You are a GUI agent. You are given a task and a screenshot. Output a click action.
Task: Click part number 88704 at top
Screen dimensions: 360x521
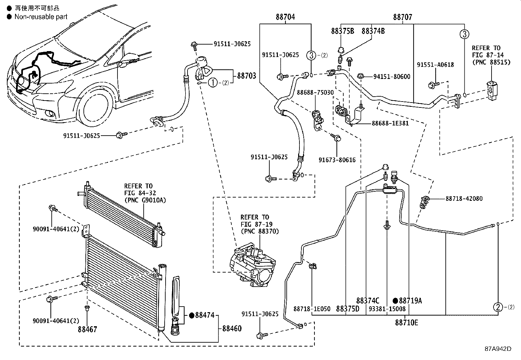click(285, 17)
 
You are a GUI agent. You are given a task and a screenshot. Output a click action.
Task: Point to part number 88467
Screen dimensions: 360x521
click(87, 329)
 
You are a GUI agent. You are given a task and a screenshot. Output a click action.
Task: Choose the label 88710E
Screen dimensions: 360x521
click(406, 323)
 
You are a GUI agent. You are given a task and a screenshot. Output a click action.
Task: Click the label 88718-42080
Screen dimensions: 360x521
click(464, 199)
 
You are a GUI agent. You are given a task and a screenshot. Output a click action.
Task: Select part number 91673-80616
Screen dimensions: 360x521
click(337, 160)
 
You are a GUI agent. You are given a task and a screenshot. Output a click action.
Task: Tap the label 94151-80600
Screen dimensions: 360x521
click(392, 77)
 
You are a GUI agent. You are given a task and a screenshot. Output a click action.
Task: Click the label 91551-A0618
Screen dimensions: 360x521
click(435, 65)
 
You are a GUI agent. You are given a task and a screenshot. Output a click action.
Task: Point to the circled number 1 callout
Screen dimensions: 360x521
click(213, 83)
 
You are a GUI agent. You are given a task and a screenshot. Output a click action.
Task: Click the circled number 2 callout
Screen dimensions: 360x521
click(498, 307)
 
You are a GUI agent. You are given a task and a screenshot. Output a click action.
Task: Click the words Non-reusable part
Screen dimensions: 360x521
click(41, 17)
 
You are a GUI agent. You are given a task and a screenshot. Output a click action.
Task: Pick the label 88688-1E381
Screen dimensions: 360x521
click(390, 123)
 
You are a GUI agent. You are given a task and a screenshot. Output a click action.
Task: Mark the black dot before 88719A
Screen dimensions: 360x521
click(395, 300)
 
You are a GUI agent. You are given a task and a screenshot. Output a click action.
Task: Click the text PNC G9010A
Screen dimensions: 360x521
click(145, 200)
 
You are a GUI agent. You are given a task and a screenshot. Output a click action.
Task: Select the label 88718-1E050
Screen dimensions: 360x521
click(312, 309)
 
